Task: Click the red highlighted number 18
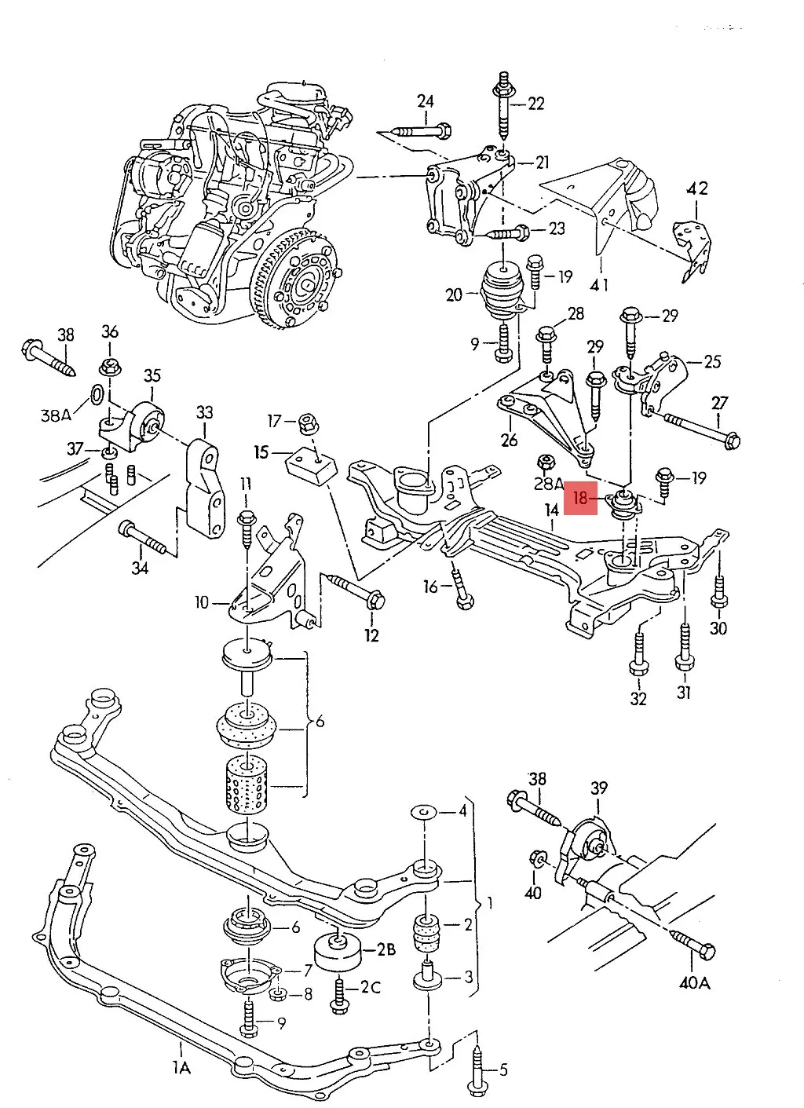point(581,497)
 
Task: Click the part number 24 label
point(425,101)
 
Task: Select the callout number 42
point(696,188)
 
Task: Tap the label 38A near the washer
point(56,415)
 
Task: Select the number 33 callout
point(204,411)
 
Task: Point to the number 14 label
point(552,511)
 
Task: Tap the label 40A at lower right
point(694,981)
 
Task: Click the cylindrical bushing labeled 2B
point(338,953)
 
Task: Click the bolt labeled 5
point(477,1070)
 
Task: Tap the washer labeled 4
point(423,810)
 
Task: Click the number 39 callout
point(599,788)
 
